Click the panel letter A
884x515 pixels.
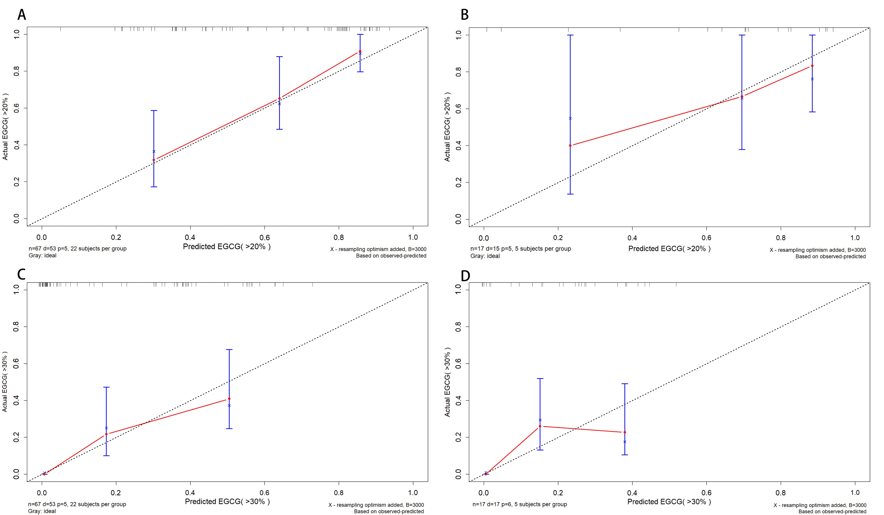pyautogui.click(x=22, y=15)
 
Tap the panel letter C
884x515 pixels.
pyautogui.click(x=21, y=274)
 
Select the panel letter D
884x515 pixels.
pyautogui.click(x=465, y=276)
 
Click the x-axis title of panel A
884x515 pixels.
pyautogui.click(x=227, y=247)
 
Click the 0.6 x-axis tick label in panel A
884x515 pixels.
pyautogui.click(x=264, y=237)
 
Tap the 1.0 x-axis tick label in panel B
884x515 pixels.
pyautogui.click(x=855, y=238)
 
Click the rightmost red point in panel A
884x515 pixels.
pyautogui.click(x=360, y=51)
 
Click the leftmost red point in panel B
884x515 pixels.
pyautogui.click(x=570, y=145)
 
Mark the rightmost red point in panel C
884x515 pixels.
pyautogui.click(x=229, y=399)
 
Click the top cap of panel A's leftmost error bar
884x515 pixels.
pyautogui.click(x=154, y=111)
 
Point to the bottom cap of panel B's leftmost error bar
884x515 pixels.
pyautogui.click(x=570, y=194)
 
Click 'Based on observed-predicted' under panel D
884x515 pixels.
pyautogui.click(x=832, y=511)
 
